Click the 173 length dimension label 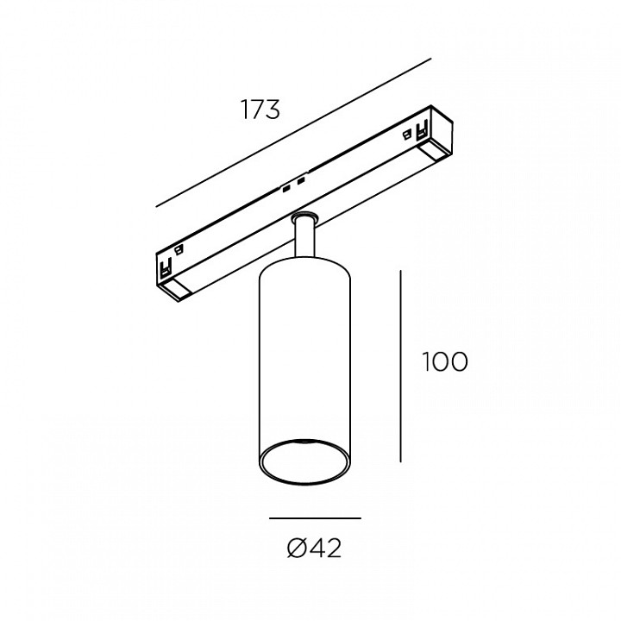pos(260,110)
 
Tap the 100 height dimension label pos(445,361)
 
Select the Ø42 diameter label pos(315,549)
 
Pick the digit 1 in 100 pos(427,361)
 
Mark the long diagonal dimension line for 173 pos(293,133)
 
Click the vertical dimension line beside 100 pos(401,367)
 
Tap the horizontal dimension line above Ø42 pos(316,518)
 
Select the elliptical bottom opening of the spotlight pos(304,461)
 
